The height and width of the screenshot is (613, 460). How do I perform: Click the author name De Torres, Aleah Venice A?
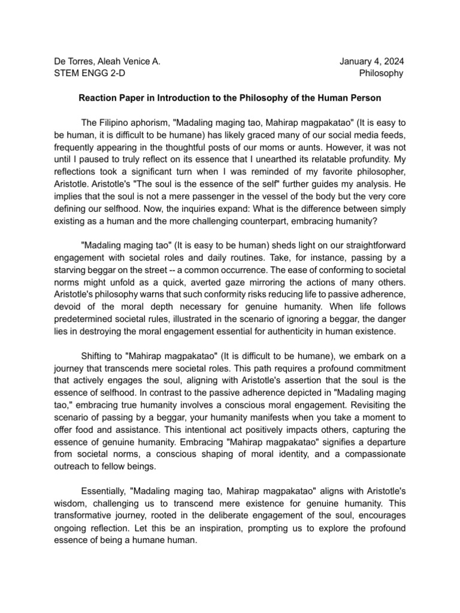point(106,61)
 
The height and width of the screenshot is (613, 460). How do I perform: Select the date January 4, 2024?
point(371,61)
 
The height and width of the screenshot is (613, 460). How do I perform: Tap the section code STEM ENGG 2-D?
point(89,74)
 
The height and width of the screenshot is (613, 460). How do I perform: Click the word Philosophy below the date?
point(381,74)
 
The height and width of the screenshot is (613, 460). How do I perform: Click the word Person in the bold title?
point(366,97)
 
